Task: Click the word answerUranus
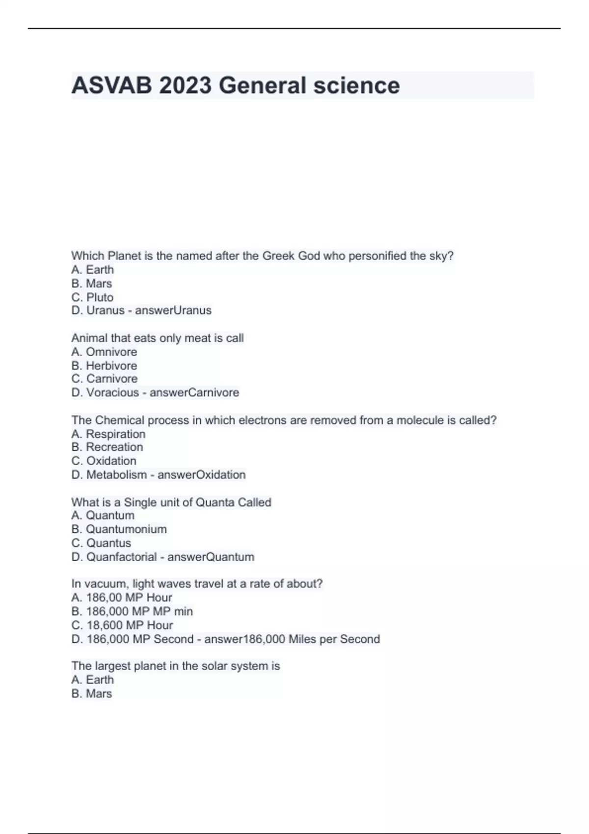click(x=173, y=311)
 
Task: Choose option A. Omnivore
click(x=104, y=352)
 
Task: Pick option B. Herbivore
click(x=104, y=365)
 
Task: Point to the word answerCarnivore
click(x=194, y=392)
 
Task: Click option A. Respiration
click(x=108, y=434)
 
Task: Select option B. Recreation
click(x=107, y=447)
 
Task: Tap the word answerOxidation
click(x=201, y=475)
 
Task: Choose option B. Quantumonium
click(x=119, y=529)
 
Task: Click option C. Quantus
click(x=101, y=543)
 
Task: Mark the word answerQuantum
click(x=211, y=557)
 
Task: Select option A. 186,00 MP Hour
click(x=122, y=598)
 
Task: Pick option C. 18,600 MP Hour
click(x=122, y=625)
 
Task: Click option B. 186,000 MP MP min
click(x=132, y=611)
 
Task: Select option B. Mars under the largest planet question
click(x=92, y=694)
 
